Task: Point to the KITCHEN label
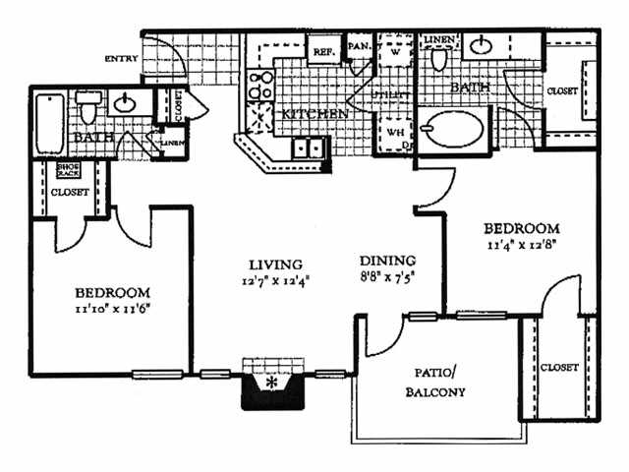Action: point(314,115)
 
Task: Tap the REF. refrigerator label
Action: point(322,51)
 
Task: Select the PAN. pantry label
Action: point(358,46)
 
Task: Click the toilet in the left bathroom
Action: point(89,102)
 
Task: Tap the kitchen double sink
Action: point(309,148)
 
